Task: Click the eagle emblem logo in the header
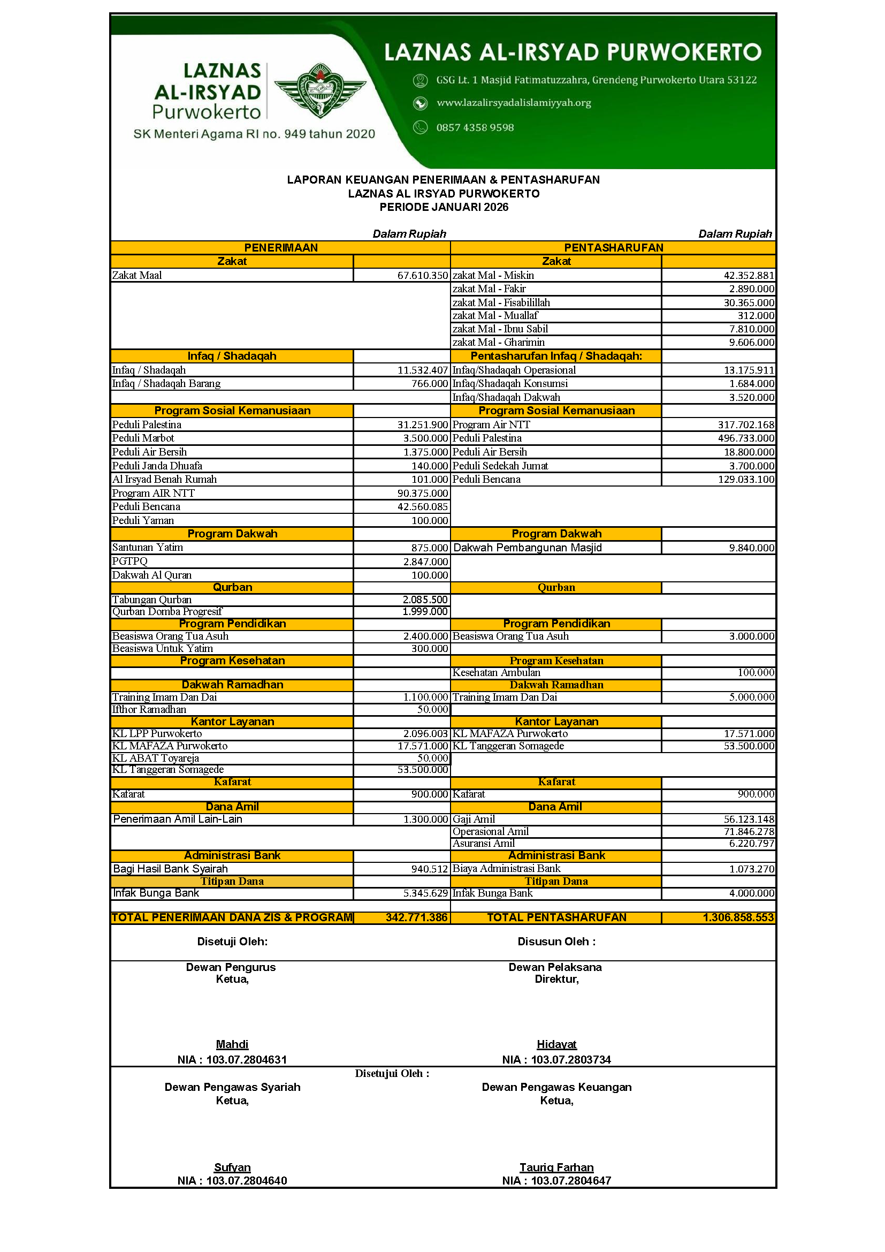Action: coord(320,90)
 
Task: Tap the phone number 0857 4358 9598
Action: coord(475,127)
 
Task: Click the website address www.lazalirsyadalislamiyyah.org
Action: coord(513,103)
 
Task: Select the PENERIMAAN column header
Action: coord(281,248)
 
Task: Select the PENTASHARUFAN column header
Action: coord(613,248)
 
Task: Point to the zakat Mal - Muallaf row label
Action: coord(495,315)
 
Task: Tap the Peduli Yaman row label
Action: coord(143,520)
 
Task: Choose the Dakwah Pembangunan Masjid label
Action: coord(527,548)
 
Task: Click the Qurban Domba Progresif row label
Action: coord(167,611)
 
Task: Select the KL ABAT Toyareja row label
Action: coord(155,758)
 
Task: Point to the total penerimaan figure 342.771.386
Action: coord(416,917)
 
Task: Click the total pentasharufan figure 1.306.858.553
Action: coord(738,917)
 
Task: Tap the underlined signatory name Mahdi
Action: coord(232,1044)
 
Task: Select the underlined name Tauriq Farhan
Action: coord(556,1167)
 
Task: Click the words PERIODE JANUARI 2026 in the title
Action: coord(444,207)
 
